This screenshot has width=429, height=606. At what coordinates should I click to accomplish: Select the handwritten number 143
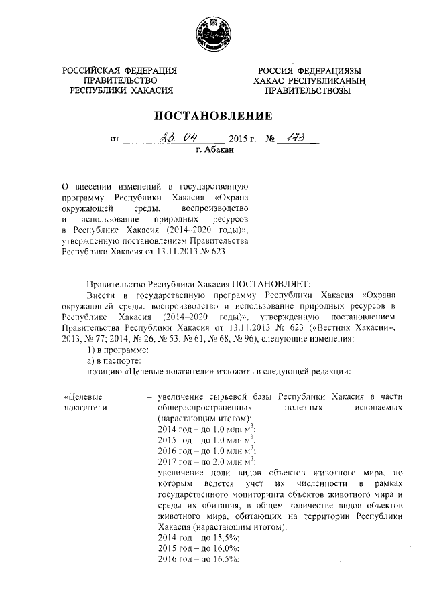293,139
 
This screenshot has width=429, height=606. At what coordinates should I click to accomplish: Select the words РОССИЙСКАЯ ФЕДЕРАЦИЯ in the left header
120,71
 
